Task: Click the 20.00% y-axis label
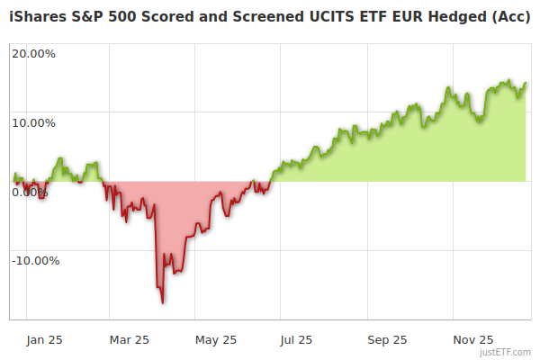33,53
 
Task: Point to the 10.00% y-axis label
33,122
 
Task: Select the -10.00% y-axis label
35,261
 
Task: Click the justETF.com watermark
505,353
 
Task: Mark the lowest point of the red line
163,302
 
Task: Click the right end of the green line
526,83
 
